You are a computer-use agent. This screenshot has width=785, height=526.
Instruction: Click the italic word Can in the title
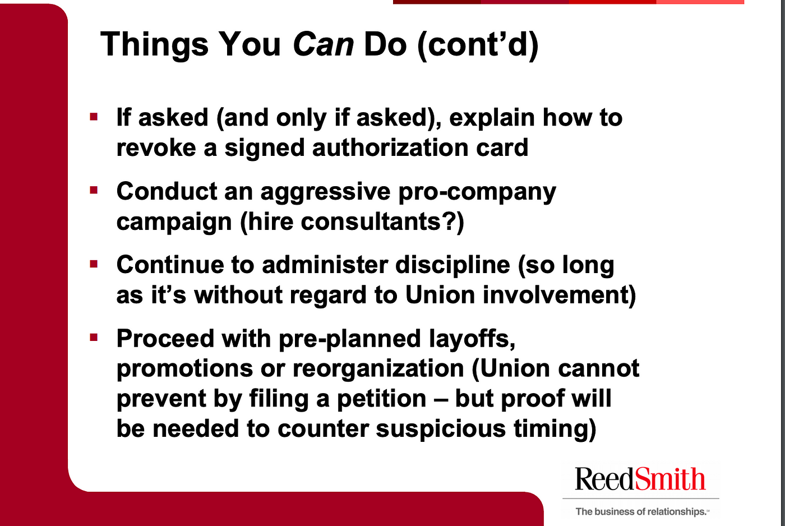[323, 44]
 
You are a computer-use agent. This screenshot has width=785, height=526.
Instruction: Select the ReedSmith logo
[640, 479]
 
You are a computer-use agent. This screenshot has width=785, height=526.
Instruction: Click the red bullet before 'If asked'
[94, 117]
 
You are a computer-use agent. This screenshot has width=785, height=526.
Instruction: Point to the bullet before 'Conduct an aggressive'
[94, 190]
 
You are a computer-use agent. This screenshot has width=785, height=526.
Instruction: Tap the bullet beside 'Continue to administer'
[94, 264]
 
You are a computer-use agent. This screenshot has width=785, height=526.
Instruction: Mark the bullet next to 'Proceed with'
[94, 338]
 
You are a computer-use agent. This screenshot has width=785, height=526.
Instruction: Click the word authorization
[390, 147]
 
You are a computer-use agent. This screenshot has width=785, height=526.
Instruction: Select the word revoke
[156, 147]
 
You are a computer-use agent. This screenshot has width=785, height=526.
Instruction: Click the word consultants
[370, 222]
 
